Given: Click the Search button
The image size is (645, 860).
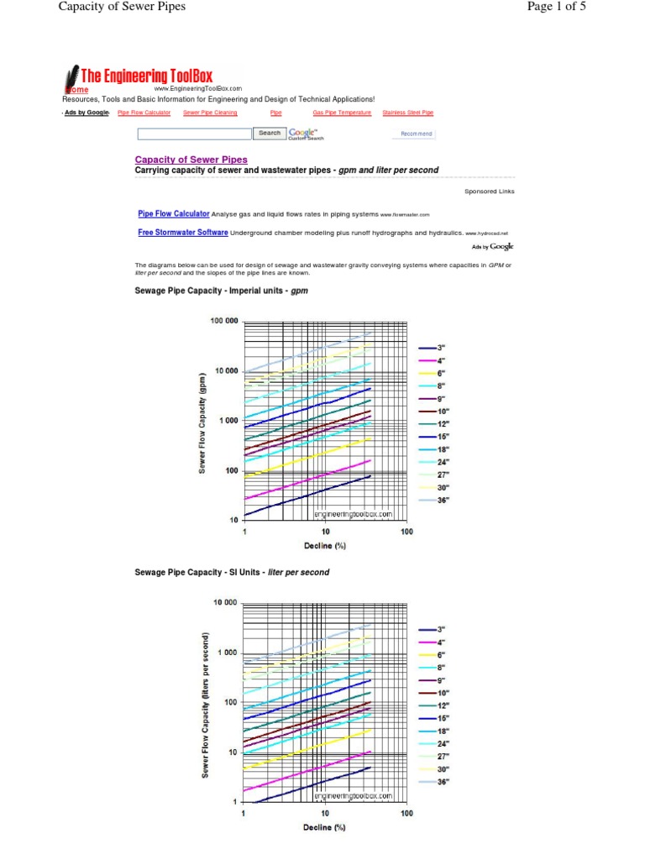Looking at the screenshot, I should [x=270, y=133].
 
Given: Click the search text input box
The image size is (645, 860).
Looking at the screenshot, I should [x=194, y=134].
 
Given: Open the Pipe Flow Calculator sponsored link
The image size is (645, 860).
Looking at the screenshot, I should [x=174, y=214].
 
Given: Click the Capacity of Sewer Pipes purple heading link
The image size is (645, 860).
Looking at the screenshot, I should [x=191, y=160].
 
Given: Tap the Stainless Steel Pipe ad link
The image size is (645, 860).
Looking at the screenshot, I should [x=408, y=113].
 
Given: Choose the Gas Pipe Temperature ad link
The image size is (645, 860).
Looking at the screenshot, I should [x=342, y=113].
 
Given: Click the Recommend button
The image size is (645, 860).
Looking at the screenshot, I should [x=414, y=134].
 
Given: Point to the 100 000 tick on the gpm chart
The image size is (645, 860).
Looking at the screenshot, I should [x=223, y=322].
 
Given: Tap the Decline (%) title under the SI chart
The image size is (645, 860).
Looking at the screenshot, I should [x=324, y=827].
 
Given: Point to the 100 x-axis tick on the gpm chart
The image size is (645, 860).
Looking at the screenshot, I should [x=406, y=532].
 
